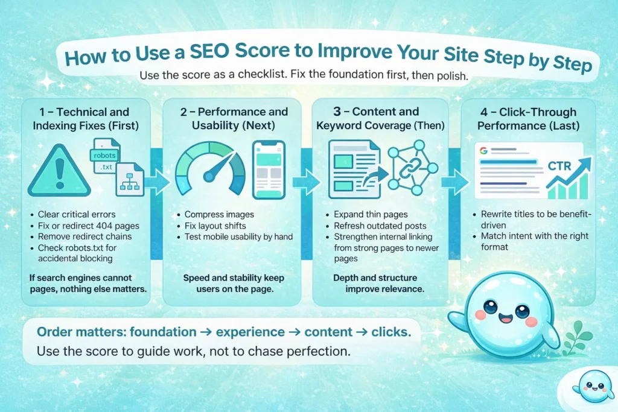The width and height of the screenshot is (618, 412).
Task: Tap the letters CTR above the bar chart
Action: coord(559,165)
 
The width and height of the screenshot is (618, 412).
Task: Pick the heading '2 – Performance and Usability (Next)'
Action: coord(234,119)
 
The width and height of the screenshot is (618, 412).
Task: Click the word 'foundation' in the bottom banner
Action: coord(155,332)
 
